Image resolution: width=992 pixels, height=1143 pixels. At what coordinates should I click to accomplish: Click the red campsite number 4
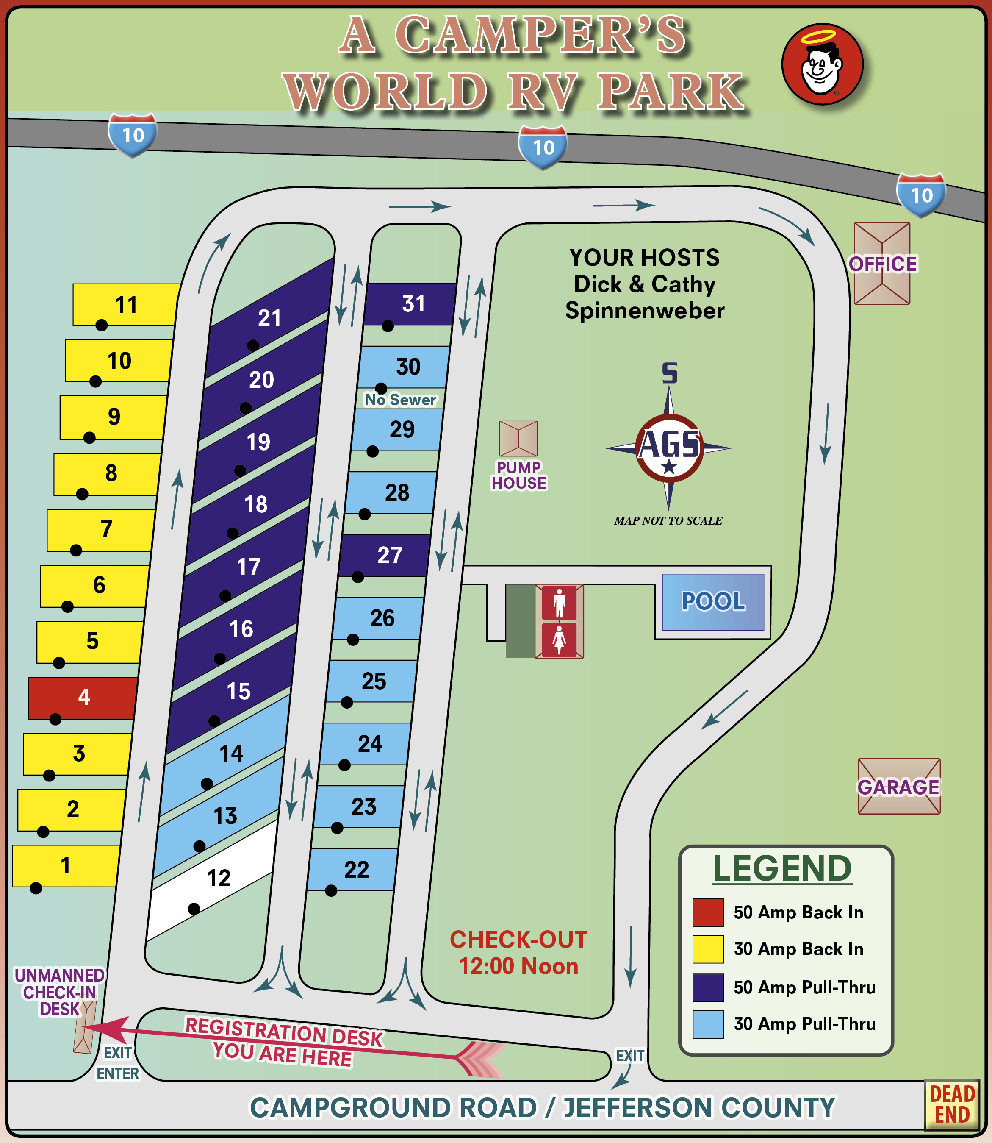(x=83, y=698)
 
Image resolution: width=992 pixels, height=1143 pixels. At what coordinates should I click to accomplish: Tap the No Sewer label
(x=400, y=400)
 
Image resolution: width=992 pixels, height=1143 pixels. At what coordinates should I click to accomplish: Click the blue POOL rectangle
(x=713, y=602)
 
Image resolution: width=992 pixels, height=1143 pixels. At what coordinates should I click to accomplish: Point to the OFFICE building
(x=882, y=264)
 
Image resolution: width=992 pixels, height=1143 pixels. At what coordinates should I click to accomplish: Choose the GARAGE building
(x=898, y=786)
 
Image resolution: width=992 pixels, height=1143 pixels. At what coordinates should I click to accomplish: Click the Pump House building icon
(x=518, y=438)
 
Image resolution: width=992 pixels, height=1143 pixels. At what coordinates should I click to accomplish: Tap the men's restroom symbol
(x=559, y=603)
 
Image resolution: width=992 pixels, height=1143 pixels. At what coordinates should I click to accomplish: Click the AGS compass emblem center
(x=669, y=448)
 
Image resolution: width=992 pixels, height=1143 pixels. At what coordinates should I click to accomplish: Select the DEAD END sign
(x=952, y=1105)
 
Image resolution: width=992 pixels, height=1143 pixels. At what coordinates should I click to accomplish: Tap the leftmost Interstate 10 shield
(x=132, y=135)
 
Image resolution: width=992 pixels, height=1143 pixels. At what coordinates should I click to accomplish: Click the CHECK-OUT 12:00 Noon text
(x=518, y=953)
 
